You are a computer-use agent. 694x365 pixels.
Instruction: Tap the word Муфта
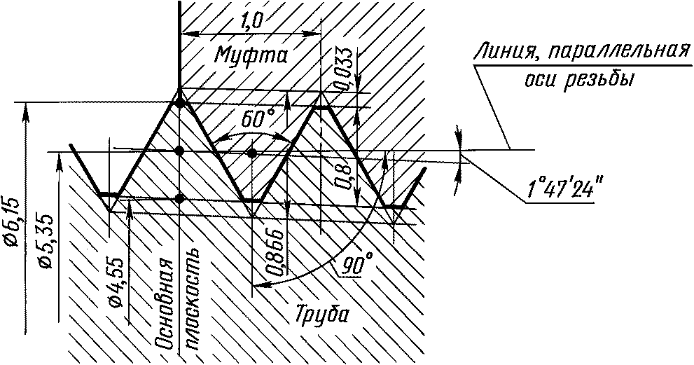pos(251,55)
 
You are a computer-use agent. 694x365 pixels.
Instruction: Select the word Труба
pos(321,315)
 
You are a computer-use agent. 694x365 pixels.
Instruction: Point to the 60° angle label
pos(258,118)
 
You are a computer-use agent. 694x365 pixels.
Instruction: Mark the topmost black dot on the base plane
pos(179,103)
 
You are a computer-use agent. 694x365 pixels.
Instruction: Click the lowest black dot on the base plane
pos(179,198)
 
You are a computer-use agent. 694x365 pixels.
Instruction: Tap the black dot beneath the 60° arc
pos(252,153)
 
